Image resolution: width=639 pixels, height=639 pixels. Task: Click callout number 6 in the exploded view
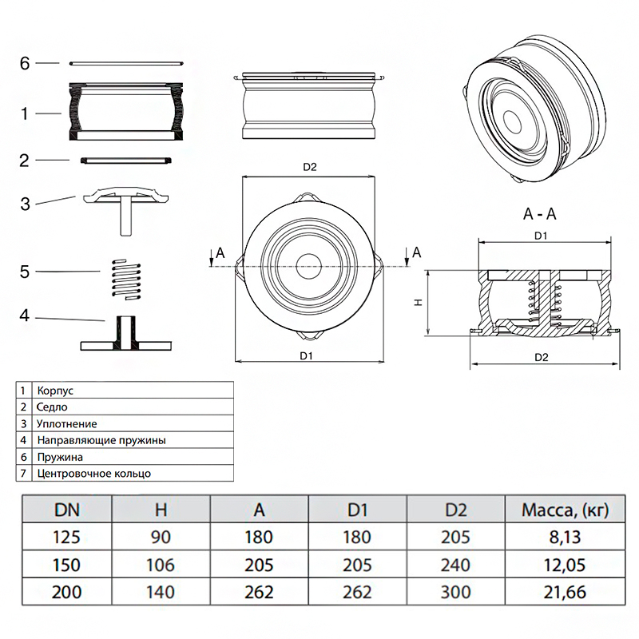(25, 63)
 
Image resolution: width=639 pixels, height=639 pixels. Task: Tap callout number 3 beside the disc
(25, 204)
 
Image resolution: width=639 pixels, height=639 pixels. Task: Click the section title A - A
(541, 215)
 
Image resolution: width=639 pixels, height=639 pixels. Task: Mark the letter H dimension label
(417, 303)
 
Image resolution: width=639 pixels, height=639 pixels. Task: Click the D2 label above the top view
(310, 168)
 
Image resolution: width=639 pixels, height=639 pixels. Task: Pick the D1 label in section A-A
(541, 236)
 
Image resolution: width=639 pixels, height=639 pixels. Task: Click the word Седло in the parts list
(51, 407)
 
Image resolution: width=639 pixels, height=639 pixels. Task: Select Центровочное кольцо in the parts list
(93, 473)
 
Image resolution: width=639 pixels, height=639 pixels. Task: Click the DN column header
(66, 509)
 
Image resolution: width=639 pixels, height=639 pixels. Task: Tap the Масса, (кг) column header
(554, 509)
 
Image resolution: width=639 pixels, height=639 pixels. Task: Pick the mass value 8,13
(554, 537)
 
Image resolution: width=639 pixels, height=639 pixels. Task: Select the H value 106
(161, 565)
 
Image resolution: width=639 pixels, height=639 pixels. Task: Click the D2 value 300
(455, 593)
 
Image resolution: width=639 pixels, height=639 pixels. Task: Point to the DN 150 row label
(66, 565)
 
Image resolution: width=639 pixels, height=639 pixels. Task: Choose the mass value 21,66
(554, 593)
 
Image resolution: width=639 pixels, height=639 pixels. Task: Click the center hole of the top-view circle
(310, 264)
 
